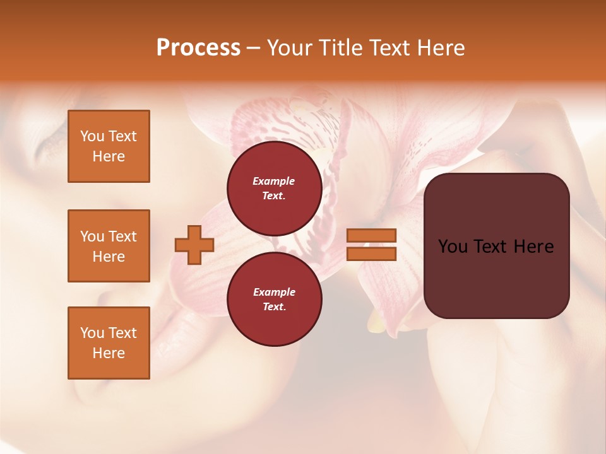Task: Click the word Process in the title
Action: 198,48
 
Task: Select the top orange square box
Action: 109,146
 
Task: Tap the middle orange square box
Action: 109,246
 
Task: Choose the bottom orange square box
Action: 109,343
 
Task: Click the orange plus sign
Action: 194,245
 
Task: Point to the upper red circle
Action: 274,189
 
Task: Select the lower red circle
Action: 274,300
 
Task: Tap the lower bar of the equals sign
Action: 371,254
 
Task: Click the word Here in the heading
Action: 441,48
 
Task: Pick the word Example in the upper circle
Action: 273,181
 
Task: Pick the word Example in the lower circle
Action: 274,292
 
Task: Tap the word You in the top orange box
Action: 92,136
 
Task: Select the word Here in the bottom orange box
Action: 109,353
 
